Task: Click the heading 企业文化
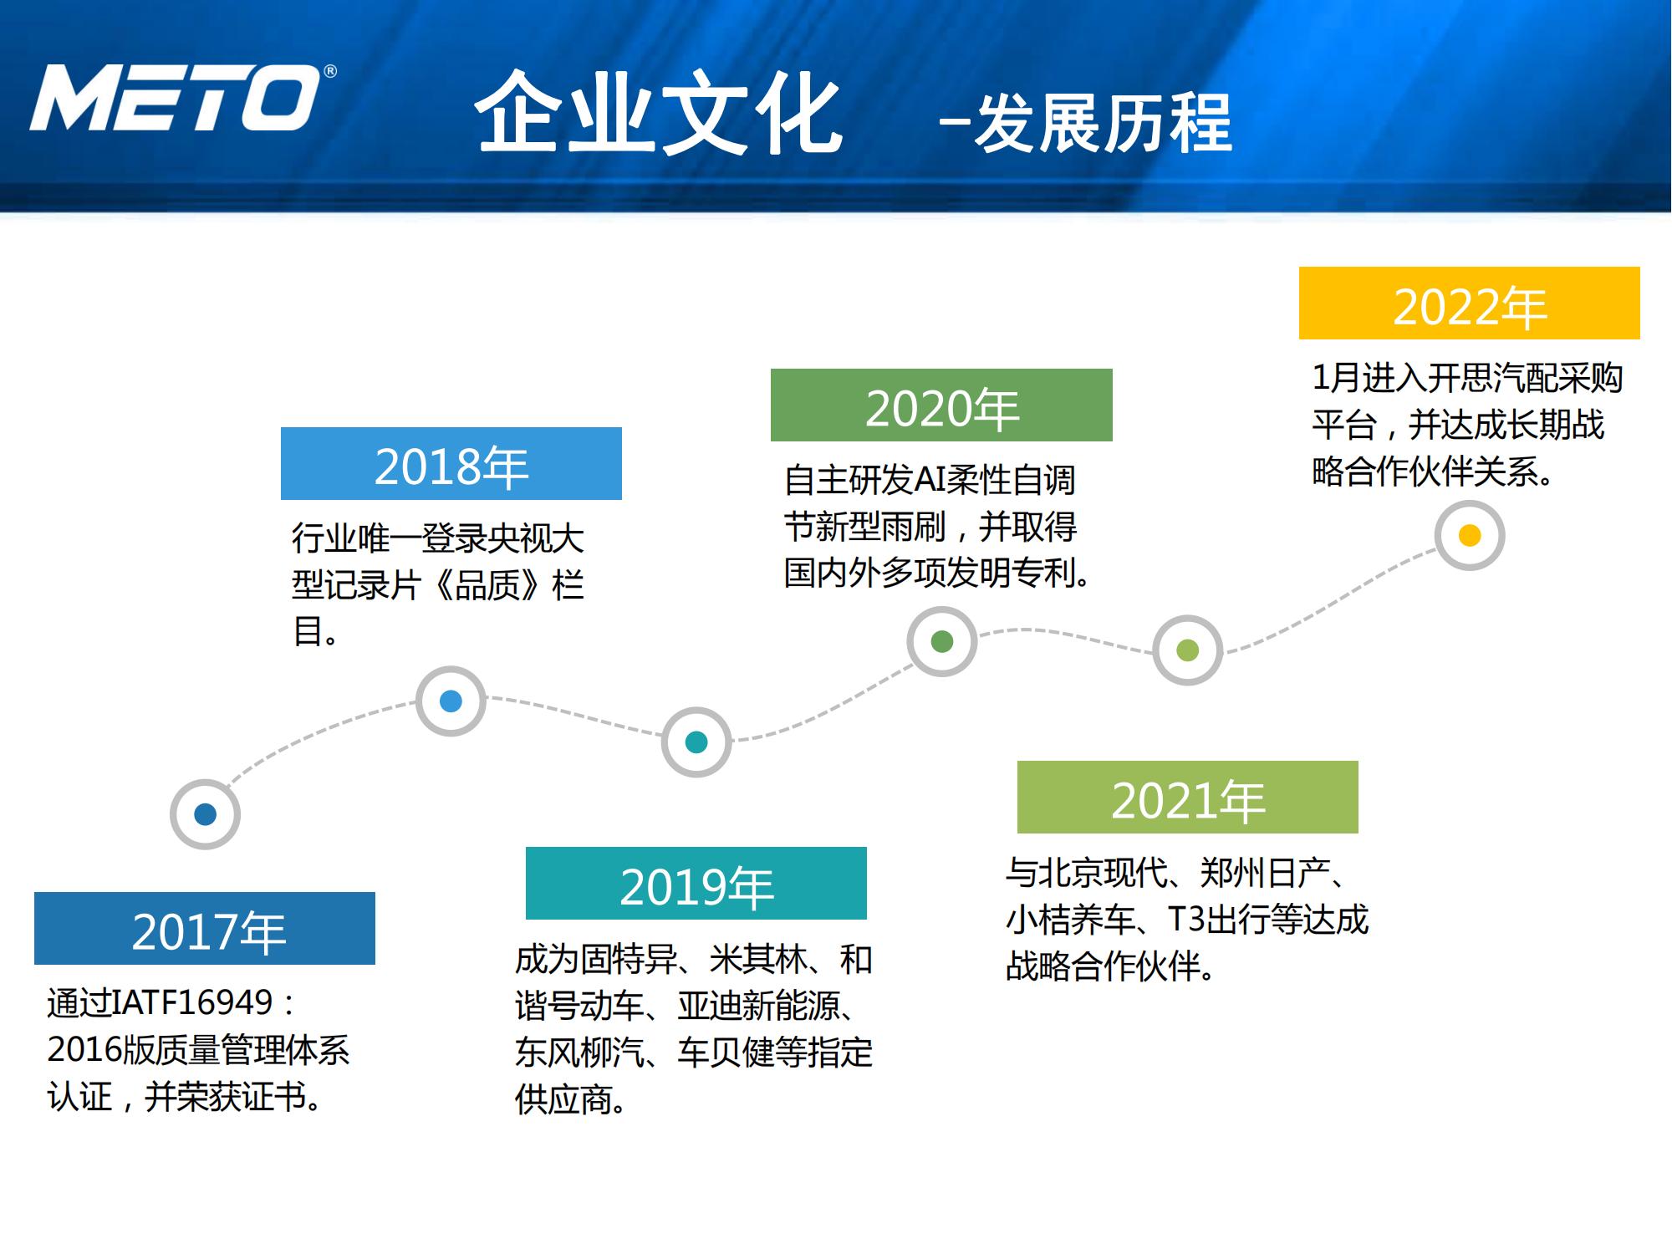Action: pyautogui.click(x=659, y=114)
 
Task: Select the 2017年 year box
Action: pyautogui.click(x=205, y=929)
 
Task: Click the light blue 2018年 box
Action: pyautogui.click(x=451, y=464)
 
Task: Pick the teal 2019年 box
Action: pyautogui.click(x=696, y=884)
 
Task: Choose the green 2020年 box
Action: pyautogui.click(x=941, y=405)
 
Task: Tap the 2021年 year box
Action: pyautogui.click(x=1187, y=798)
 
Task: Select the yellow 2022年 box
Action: pyautogui.click(x=1469, y=303)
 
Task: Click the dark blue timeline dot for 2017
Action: pyautogui.click(x=205, y=814)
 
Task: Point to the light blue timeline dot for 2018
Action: pyautogui.click(x=451, y=701)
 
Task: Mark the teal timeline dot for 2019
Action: pyautogui.click(x=696, y=742)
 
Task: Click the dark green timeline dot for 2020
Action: pyautogui.click(x=942, y=641)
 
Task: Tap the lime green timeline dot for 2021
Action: pyautogui.click(x=1187, y=650)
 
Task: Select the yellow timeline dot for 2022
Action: pyautogui.click(x=1469, y=535)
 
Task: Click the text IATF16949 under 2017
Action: pyautogui.click(x=192, y=1002)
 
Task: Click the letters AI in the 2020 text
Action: pyautogui.click(x=930, y=481)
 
